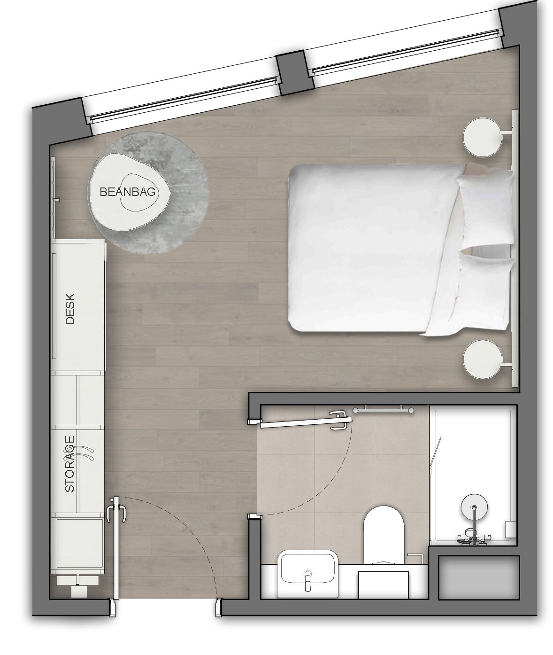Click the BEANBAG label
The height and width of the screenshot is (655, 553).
127,192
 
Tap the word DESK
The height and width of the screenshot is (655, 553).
70,308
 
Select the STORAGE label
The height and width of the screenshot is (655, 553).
70,464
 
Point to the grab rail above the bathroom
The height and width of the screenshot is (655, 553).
384,409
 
